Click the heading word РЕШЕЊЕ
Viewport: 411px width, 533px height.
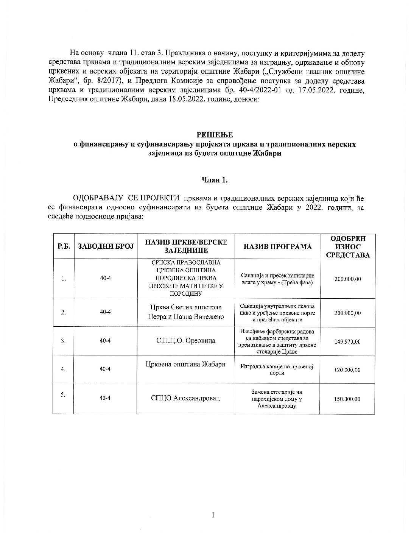[215, 134]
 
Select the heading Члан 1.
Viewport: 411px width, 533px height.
[215, 180]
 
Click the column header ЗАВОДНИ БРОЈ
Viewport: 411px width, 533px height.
[106, 246]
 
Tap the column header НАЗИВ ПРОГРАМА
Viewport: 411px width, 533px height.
[277, 246]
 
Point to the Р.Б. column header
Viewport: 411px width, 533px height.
[64, 246]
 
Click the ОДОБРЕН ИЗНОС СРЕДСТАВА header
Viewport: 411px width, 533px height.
[347, 246]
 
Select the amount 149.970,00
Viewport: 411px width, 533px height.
[347, 341]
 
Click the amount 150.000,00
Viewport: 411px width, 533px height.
[347, 399]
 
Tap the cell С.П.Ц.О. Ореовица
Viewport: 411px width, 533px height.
[186, 341]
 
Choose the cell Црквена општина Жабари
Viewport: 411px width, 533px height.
[186, 364]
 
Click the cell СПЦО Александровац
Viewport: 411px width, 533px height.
[186, 398]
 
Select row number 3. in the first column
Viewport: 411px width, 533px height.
[63, 341]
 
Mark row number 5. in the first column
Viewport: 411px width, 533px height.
[63, 394]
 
